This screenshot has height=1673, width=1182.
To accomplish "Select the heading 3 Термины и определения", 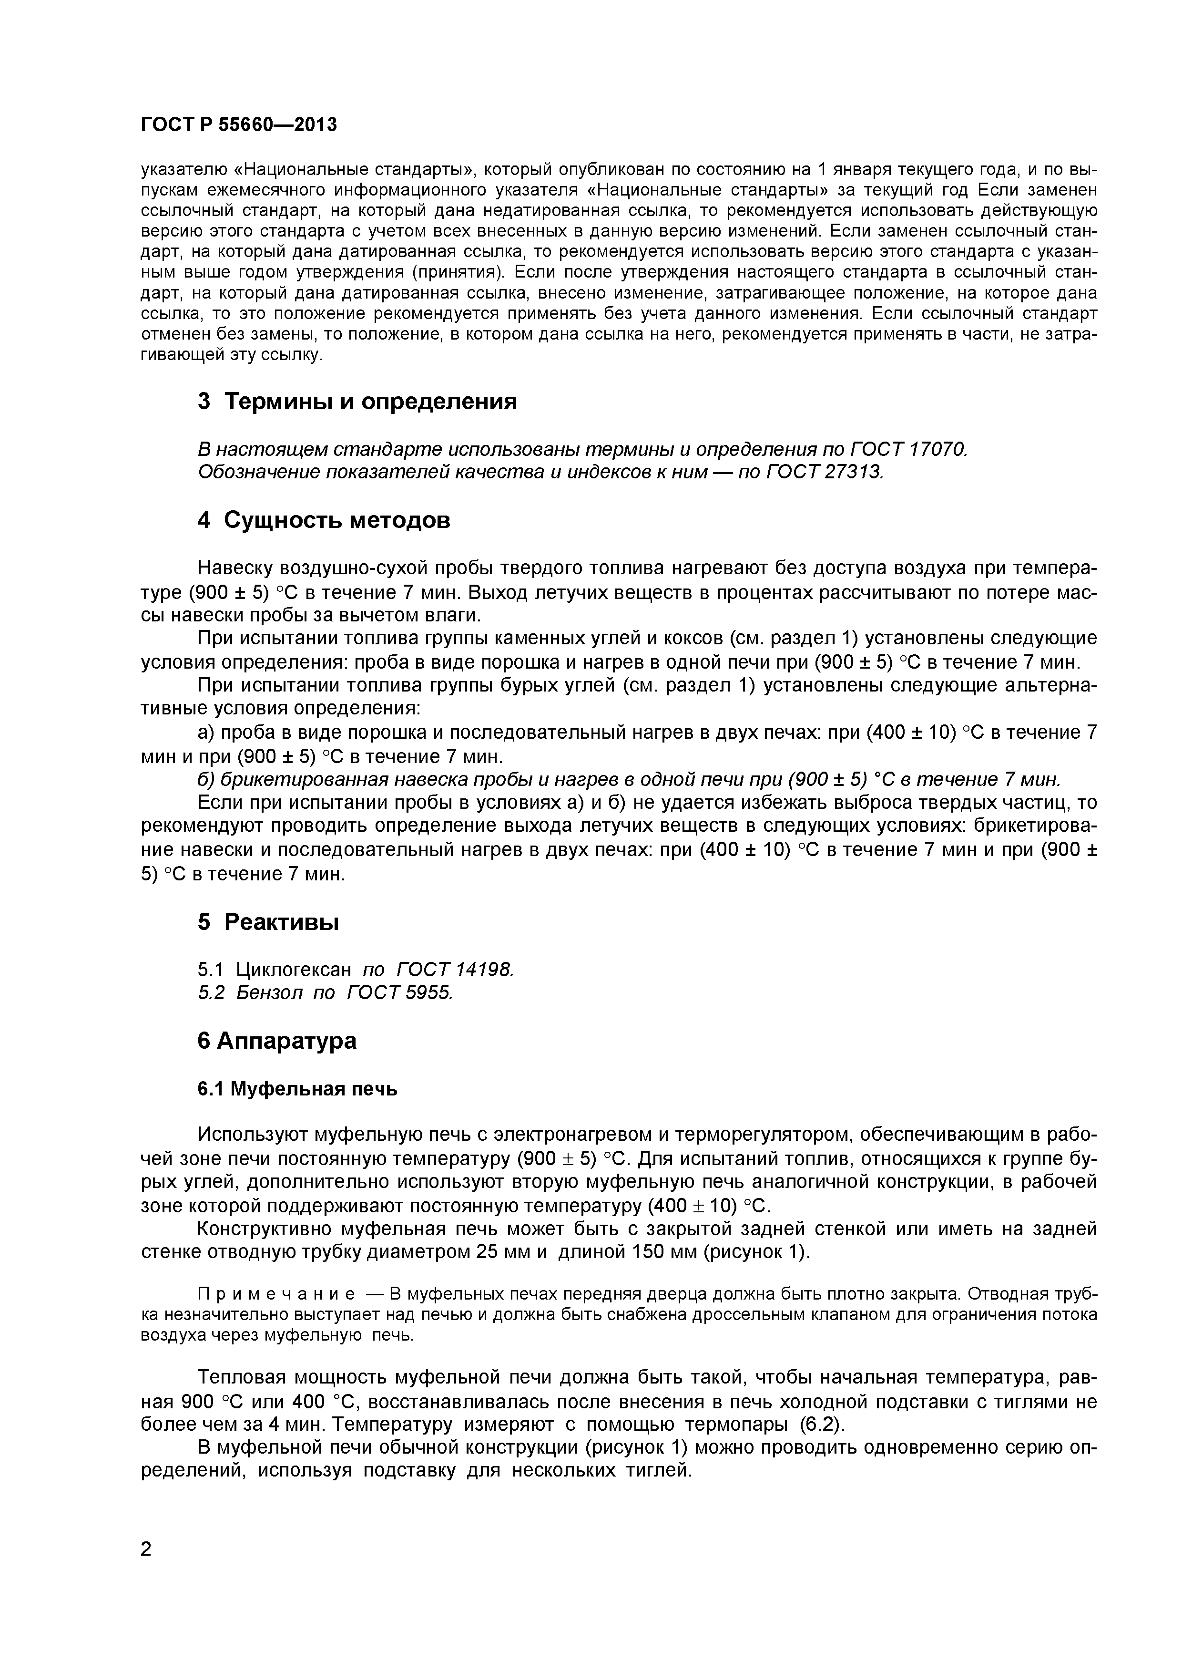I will (x=357, y=402).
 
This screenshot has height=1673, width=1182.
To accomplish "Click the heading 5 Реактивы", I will (x=268, y=922).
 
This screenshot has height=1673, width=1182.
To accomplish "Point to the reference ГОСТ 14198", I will (x=454, y=970).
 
